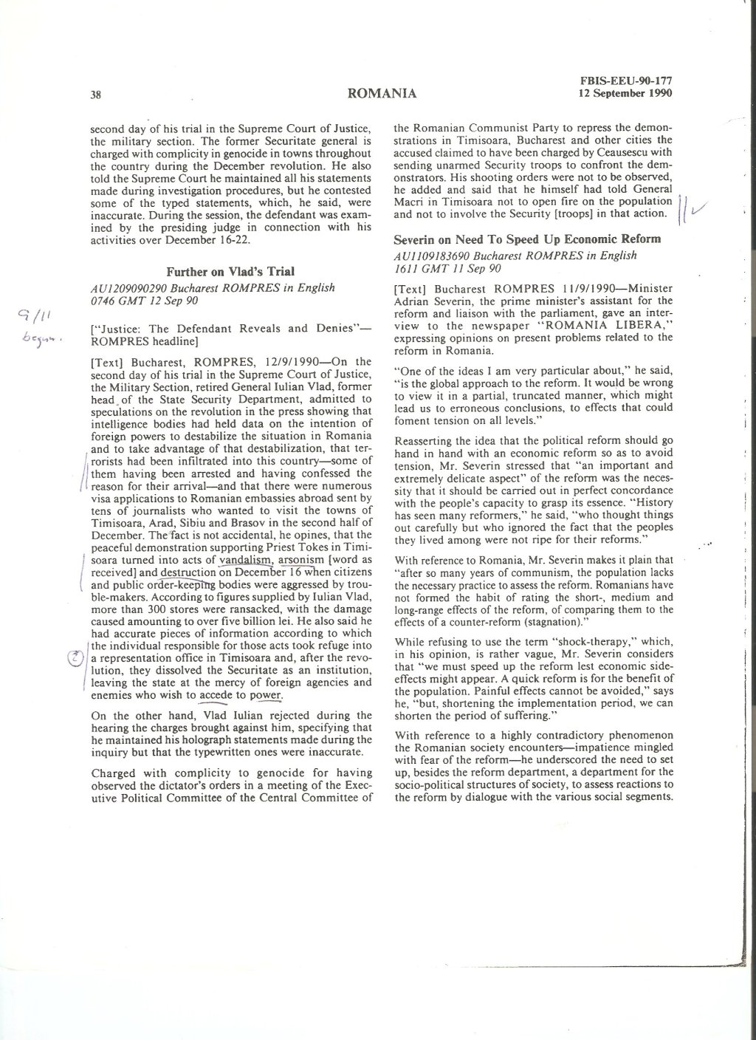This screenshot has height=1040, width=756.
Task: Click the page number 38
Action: coord(95,94)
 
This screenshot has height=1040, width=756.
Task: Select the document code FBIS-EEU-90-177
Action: coord(628,82)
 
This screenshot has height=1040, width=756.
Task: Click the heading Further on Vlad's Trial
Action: coord(229,272)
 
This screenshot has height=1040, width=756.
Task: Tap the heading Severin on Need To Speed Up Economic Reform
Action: coord(527,239)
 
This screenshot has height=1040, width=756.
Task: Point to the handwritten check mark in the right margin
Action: coord(694,208)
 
